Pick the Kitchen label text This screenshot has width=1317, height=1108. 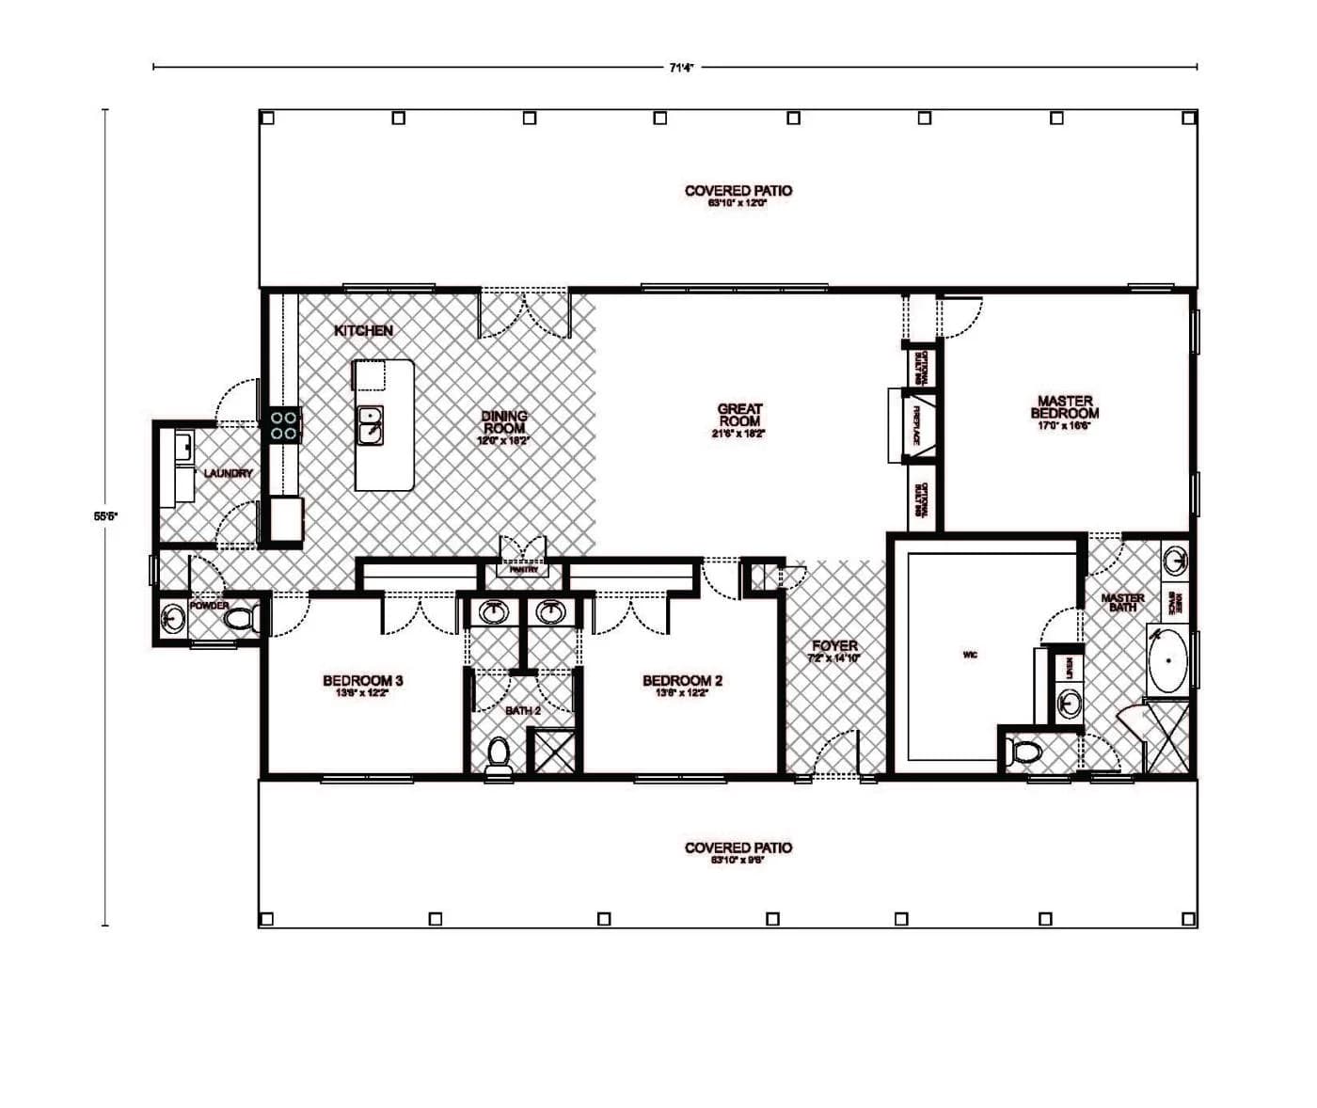pyautogui.click(x=363, y=330)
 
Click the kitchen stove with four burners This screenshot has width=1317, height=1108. pyautogui.click(x=285, y=425)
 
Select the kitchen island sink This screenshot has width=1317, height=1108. pyautogui.click(x=371, y=425)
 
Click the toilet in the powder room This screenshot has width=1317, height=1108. pyautogui.click(x=243, y=619)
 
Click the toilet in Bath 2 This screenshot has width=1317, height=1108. pyautogui.click(x=499, y=754)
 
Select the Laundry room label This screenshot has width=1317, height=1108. pyautogui.click(x=228, y=473)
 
